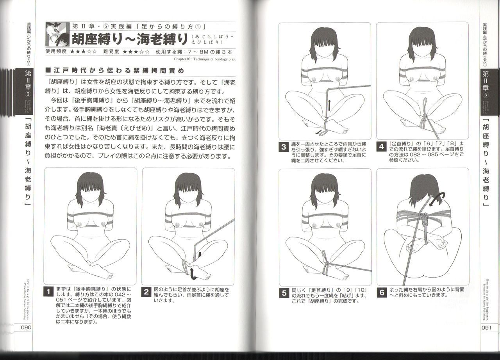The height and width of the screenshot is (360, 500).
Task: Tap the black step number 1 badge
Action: point(48,292)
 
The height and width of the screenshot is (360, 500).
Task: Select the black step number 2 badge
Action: point(146,292)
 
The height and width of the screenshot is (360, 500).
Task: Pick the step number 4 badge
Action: point(382,148)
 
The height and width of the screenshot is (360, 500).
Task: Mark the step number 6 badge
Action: point(382,293)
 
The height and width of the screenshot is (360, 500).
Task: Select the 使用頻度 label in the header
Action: point(56,51)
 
